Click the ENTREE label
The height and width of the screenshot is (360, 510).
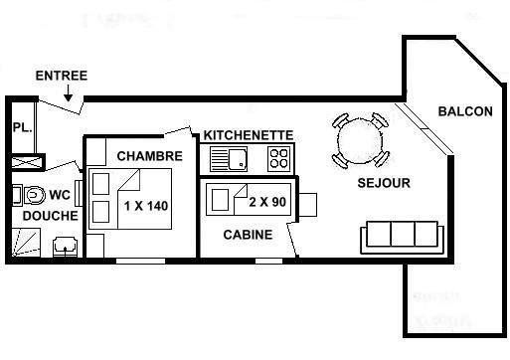[x=62, y=76]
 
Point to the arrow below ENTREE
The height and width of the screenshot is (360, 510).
[x=68, y=93]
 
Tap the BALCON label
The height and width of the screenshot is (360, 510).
[x=465, y=111]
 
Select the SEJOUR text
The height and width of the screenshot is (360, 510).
[x=384, y=183]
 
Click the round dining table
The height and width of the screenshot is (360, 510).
[x=360, y=141]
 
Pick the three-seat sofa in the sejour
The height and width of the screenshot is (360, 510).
[x=402, y=238]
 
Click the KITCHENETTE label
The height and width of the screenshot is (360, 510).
[x=249, y=135]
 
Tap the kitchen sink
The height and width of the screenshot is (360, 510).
[x=229, y=159]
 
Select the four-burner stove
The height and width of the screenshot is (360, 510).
[x=279, y=159]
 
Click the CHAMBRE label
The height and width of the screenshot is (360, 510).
[x=150, y=156]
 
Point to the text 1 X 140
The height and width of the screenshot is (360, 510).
[x=146, y=206]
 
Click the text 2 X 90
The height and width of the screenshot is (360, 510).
[x=267, y=202]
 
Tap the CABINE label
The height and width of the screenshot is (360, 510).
[x=248, y=235]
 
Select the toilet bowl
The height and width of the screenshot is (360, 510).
[x=35, y=195]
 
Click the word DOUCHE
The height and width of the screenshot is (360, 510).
[x=51, y=216]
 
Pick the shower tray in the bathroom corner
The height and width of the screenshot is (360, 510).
[x=26, y=243]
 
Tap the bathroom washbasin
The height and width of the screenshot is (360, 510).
[x=66, y=247]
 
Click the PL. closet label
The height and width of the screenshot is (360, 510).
[x=22, y=127]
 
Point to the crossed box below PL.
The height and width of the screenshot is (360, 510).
[x=27, y=162]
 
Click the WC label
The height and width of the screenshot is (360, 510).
[x=60, y=195]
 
